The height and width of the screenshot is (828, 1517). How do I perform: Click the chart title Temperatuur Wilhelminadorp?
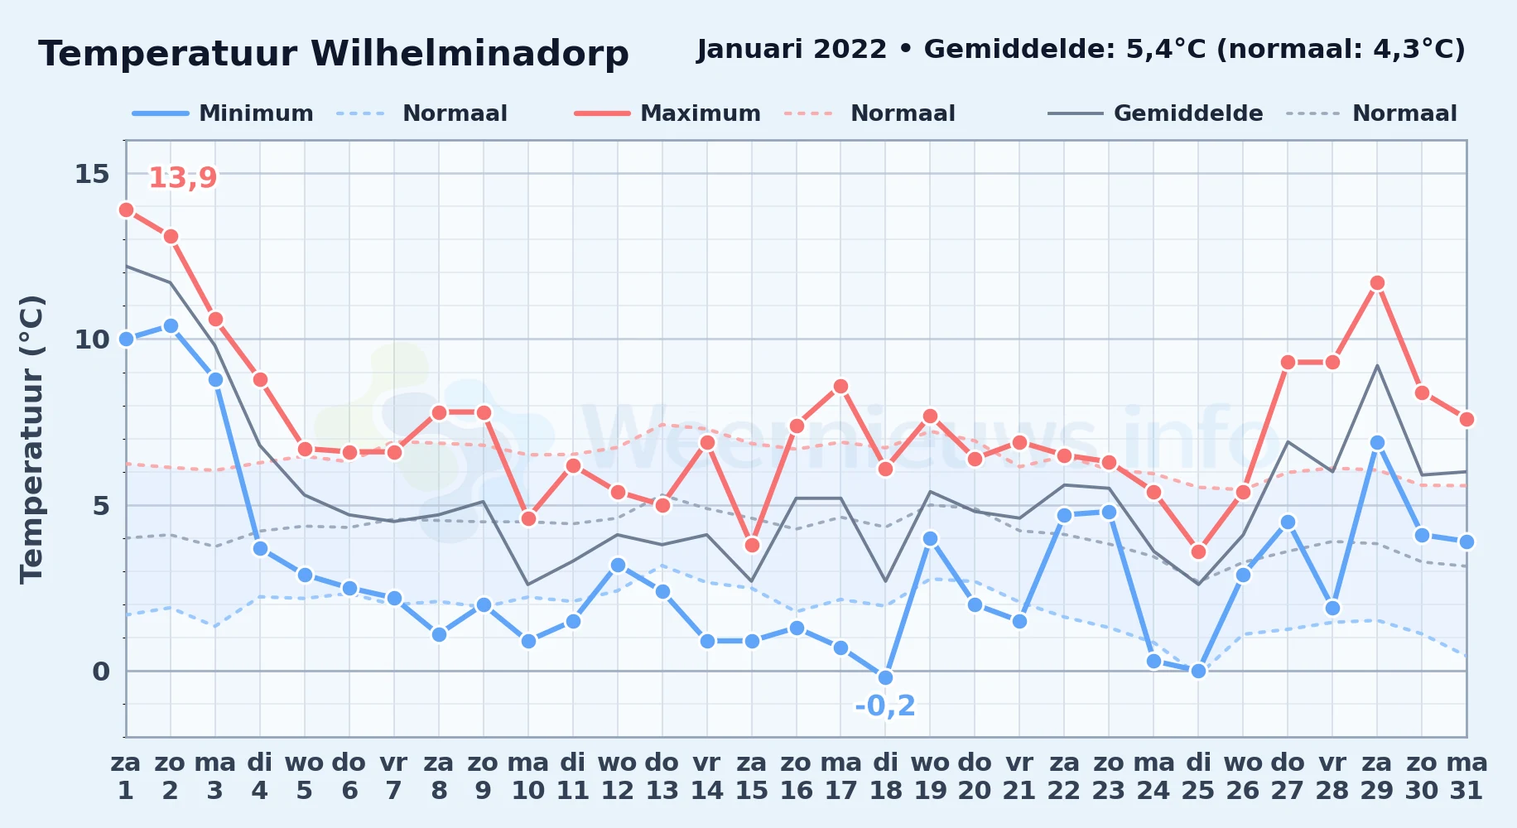333,54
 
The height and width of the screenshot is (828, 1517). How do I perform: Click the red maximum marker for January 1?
126,209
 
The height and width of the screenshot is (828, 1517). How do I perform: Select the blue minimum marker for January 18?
885,677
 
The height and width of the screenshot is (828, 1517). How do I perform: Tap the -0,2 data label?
885,705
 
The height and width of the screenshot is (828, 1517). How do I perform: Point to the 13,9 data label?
182,177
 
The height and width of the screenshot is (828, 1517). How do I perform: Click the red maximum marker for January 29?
1377,283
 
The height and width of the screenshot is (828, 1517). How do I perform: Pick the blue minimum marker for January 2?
171,325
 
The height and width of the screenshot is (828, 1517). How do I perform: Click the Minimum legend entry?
223,113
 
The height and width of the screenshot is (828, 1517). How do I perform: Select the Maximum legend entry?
667,113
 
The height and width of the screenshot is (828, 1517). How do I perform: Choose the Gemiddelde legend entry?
1156,113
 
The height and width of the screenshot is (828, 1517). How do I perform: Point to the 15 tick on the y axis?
92,174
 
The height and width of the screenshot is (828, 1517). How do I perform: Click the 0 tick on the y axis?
101,672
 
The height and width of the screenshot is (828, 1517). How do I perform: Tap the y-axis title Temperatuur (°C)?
31,439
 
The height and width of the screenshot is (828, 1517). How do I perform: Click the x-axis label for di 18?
885,777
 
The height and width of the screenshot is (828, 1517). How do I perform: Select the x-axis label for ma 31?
1466,777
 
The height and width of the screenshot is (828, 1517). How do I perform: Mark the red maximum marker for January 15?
752,545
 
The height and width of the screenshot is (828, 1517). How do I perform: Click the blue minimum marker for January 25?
1198,671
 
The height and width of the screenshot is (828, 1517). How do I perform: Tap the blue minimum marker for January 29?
1377,442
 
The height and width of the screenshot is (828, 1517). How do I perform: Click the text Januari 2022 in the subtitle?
792,50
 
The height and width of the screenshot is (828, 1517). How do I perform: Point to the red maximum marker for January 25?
1198,551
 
